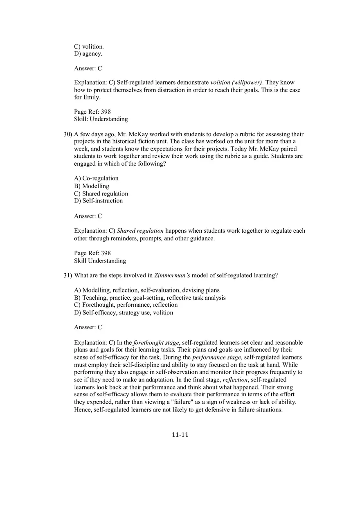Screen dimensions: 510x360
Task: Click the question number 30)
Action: click(67, 134)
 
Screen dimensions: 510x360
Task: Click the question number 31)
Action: click(67, 275)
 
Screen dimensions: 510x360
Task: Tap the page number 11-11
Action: click(180, 435)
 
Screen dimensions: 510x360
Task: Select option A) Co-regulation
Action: click(96, 178)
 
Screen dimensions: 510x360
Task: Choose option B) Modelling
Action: click(92, 186)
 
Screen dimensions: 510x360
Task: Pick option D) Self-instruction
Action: click(98, 201)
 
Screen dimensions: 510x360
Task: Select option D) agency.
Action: click(88, 54)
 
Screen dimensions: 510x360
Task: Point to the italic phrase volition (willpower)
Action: click(236, 83)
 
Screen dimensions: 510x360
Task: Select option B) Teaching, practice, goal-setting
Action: click(150, 298)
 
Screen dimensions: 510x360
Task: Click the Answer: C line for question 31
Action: click(88, 328)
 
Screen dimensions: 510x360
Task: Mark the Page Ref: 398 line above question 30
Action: click(92, 112)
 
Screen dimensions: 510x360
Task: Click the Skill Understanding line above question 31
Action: click(100, 261)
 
